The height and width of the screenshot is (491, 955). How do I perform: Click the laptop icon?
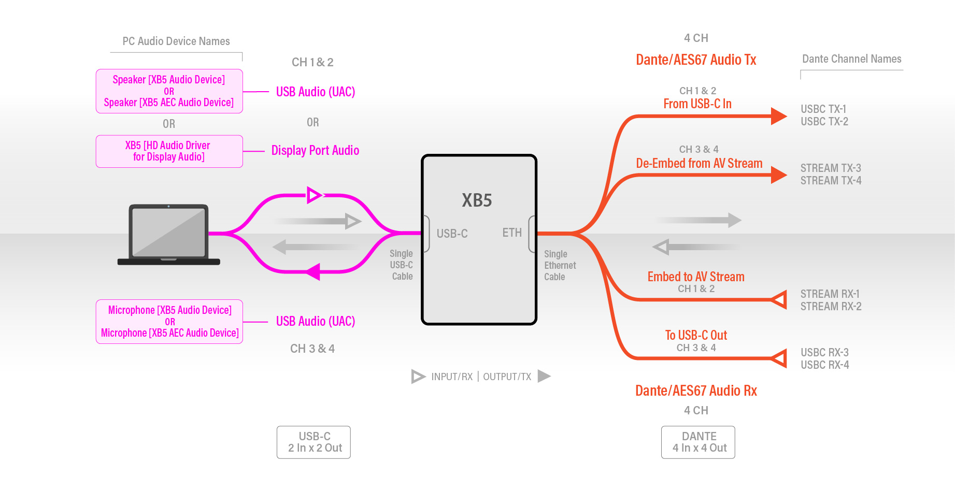(168, 235)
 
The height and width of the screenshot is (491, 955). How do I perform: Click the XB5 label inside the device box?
(477, 200)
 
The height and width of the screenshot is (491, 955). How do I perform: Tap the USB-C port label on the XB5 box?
(452, 234)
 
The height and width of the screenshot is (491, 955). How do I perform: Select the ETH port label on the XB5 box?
(512, 233)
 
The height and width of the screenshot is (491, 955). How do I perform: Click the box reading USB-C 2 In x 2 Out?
(313, 442)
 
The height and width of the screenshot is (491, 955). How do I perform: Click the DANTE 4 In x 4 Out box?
(698, 442)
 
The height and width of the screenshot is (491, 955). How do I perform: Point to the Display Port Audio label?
(315, 151)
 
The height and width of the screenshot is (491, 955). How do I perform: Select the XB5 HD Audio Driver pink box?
(169, 151)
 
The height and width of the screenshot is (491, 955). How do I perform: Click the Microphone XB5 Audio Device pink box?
(169, 321)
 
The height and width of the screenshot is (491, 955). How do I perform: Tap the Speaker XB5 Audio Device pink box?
(169, 91)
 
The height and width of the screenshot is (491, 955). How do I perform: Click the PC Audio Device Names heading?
(176, 41)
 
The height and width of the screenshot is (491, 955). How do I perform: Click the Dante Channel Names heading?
(851, 59)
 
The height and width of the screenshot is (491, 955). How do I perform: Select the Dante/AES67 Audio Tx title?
(696, 60)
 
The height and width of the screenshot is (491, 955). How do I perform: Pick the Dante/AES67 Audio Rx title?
(696, 391)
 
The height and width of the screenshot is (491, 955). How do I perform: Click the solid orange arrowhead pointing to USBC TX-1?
(778, 116)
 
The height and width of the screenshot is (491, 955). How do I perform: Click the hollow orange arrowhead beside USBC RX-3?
(779, 358)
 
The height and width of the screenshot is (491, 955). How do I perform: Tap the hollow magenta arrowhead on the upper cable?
(314, 195)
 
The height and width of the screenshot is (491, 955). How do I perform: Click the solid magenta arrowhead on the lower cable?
(314, 271)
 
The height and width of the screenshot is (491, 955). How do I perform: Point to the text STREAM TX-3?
(831, 168)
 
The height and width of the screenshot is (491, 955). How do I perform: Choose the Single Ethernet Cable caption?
(560, 266)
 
